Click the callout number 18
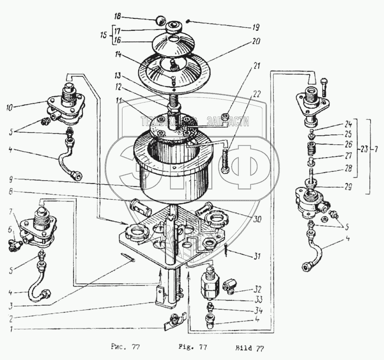[117, 17]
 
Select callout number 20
[256, 42]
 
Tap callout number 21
[256, 66]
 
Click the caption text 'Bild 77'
[250, 348]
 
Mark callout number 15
[102, 34]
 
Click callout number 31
[256, 257]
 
